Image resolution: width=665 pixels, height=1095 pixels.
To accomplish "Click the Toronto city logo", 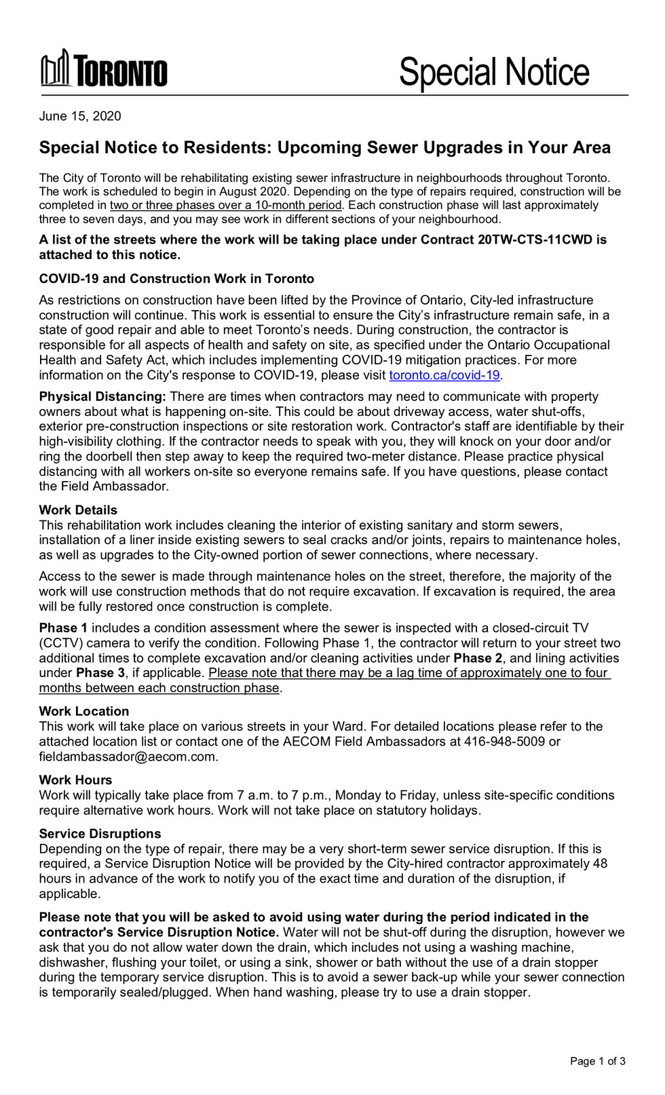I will pos(104,70).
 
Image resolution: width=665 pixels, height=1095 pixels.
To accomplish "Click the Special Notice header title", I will pos(494,72).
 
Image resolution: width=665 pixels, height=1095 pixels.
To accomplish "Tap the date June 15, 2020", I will pos(80,116).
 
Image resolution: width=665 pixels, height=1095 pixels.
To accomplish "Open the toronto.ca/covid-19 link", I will pos(444,375).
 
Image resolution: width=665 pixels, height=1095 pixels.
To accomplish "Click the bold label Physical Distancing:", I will pos(102,397).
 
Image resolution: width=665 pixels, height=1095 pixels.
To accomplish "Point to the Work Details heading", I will pos(78,510).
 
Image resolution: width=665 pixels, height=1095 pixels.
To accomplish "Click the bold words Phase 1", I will pos(63,628).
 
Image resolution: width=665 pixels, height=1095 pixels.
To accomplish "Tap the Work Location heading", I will pos(84,712).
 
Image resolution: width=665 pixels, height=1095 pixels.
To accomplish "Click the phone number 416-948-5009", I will pos(504,742).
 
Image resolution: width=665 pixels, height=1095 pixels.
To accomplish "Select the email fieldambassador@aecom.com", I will pos(128,756).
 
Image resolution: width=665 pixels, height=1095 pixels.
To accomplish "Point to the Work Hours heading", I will pos(75,780).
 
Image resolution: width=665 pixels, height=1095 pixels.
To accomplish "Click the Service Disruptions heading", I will pos(100,834).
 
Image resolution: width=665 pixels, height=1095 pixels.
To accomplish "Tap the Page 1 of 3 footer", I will pos(597,1061).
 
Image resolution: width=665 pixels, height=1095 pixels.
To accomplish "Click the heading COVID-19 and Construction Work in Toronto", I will pos(176,279).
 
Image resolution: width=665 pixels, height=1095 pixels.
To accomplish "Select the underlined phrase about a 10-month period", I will pos(226,206).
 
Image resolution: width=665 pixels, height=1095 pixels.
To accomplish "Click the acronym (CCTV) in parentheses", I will pos(60,643).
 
